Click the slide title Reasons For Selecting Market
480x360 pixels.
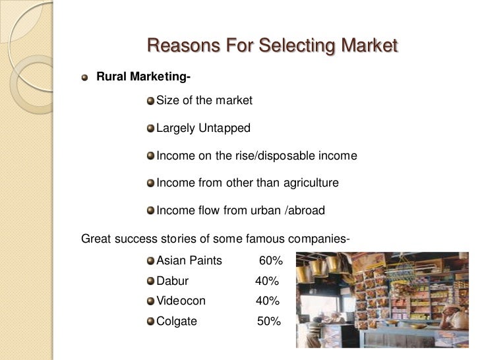(x=272, y=46)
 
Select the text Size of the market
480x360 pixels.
(x=204, y=101)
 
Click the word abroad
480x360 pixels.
(x=305, y=211)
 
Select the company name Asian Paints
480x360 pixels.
(x=189, y=260)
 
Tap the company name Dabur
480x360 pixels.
(x=172, y=281)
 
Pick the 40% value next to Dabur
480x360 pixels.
(x=267, y=281)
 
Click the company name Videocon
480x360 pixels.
(x=181, y=301)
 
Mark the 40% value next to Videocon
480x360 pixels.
(x=268, y=301)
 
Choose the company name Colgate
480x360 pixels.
(x=176, y=322)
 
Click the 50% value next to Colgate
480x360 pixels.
(x=269, y=322)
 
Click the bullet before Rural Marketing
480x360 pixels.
(x=84, y=78)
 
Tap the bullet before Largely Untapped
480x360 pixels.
(x=151, y=129)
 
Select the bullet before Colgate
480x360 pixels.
(x=151, y=322)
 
